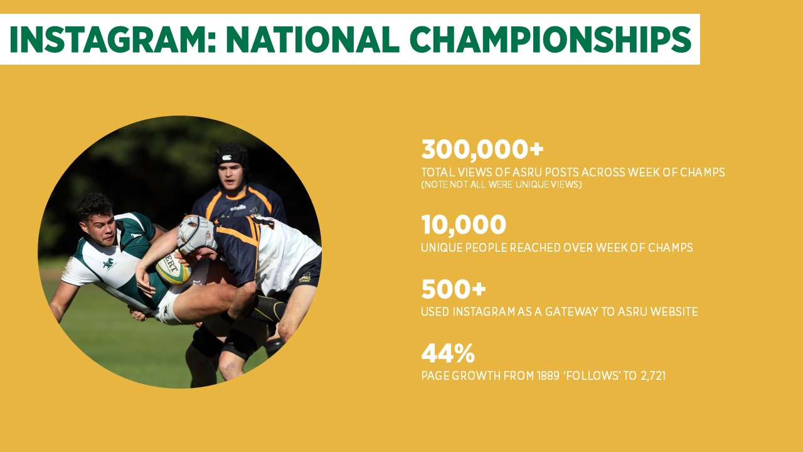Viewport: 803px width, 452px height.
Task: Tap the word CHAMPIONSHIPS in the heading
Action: click(x=550, y=40)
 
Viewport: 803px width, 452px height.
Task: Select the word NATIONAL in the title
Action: click(x=312, y=40)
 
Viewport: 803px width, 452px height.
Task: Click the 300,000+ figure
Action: click(x=482, y=150)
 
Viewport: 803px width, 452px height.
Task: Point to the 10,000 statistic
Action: click(x=464, y=225)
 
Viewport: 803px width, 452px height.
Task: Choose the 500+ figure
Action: click(x=454, y=289)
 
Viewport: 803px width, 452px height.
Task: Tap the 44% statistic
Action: click(x=448, y=353)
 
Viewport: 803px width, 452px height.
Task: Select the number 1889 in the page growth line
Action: click(x=548, y=375)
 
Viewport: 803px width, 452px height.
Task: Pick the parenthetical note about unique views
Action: click(x=501, y=185)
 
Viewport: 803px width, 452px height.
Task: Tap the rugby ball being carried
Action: click(x=173, y=268)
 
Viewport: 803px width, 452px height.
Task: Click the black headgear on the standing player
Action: click(x=231, y=156)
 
